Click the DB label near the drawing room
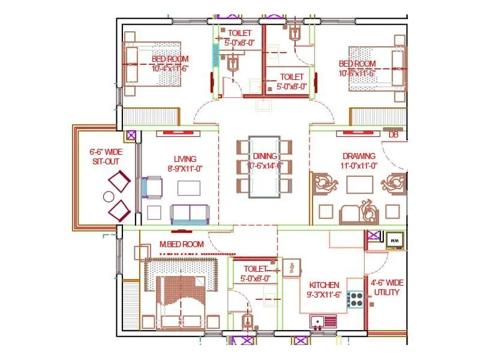point(394,135)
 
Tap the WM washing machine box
point(395,240)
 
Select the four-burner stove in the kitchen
point(356,299)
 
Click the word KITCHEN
point(325,284)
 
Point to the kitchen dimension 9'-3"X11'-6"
point(325,295)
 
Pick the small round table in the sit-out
point(109,196)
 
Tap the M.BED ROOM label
point(181,244)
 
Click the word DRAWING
point(359,156)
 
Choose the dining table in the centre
point(264,166)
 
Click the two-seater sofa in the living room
point(190,214)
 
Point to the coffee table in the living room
point(189,188)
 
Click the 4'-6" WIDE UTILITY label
point(386,287)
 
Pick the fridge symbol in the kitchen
point(291,268)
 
